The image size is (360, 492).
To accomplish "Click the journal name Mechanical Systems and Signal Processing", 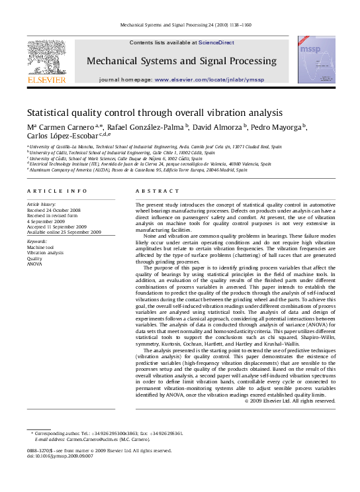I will [181, 62].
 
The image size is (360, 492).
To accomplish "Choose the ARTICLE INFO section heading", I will [57, 191].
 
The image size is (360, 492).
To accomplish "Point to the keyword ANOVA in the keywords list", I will [34, 264].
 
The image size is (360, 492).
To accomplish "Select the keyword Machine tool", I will [41, 248].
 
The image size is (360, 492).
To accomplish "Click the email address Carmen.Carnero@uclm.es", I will [98, 439].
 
